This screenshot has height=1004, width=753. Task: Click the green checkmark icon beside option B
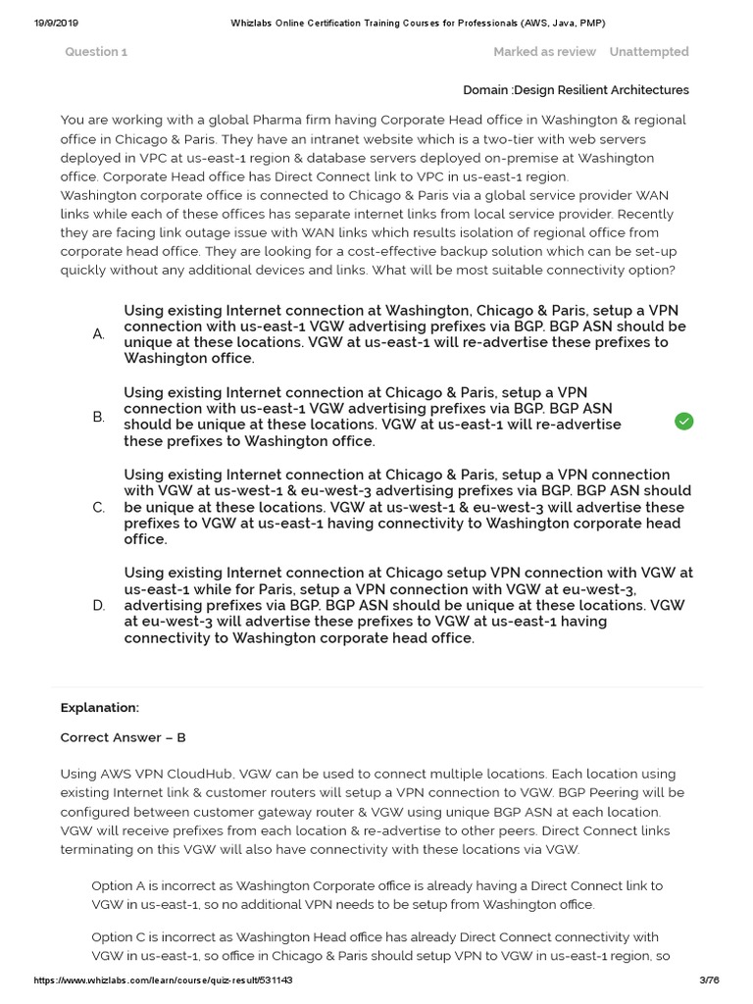(683, 421)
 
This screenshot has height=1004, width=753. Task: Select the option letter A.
(99, 334)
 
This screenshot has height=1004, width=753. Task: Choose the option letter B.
(99, 418)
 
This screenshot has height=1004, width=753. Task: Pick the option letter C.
(99, 508)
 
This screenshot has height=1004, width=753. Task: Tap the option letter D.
(99, 606)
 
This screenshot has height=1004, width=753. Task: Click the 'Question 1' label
(96, 52)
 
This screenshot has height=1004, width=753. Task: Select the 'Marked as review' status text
(544, 52)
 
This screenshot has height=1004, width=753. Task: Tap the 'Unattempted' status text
(648, 52)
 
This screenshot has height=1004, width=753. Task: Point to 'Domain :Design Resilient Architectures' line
(576, 90)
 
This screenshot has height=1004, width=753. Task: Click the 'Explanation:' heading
(100, 707)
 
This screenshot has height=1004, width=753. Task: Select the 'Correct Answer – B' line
(123, 738)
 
